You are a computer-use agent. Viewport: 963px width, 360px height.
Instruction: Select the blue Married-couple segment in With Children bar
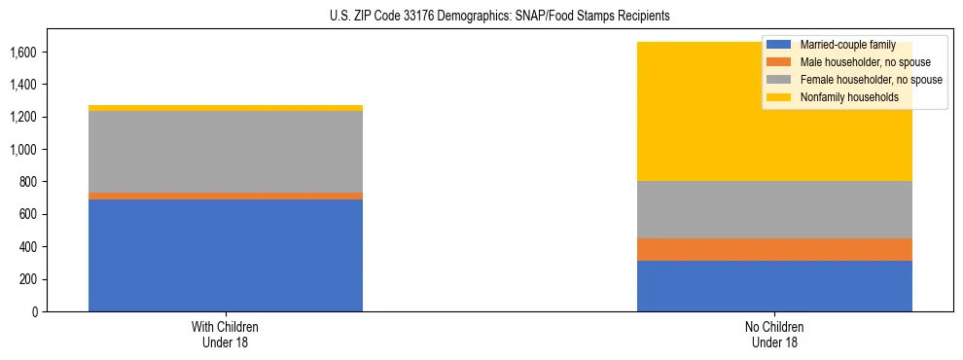tap(226, 255)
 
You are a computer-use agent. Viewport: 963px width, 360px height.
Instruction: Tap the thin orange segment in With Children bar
tap(226, 196)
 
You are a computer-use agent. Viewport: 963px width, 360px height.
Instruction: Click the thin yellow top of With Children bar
tap(226, 108)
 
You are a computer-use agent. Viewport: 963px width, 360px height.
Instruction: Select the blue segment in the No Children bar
tap(774, 286)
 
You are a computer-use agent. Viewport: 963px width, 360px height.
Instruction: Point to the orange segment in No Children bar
tap(774, 249)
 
